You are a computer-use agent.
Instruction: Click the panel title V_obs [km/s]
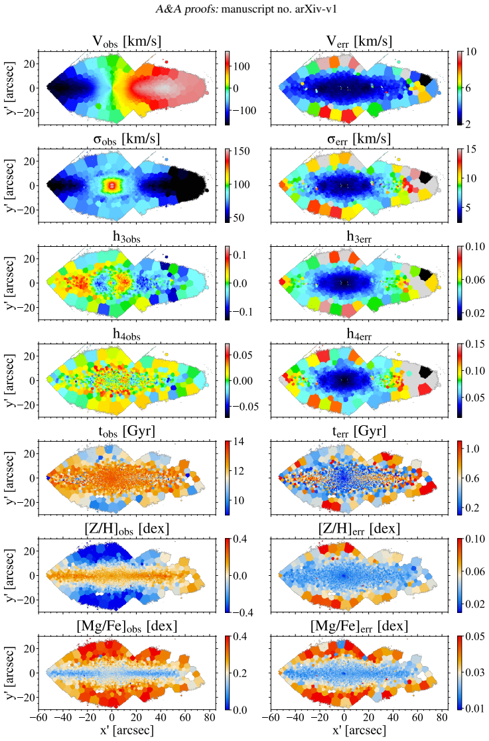point(126,41)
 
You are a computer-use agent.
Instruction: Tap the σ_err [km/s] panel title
point(359,139)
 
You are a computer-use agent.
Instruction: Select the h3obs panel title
point(126,237)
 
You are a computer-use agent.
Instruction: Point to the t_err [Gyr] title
point(359,431)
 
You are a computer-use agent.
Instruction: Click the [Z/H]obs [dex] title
point(126,528)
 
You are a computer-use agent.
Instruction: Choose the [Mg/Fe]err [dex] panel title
point(359,626)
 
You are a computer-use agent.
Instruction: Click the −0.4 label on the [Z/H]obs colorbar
point(243,612)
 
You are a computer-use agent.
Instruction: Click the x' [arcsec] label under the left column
point(126,730)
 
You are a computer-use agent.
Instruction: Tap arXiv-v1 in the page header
point(318,9)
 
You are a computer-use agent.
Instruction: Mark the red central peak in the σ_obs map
point(112,185)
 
